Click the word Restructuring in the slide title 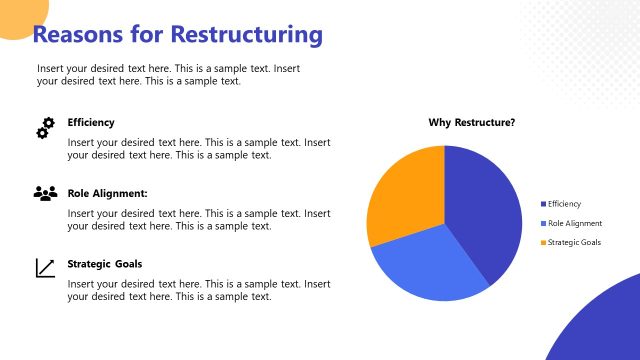[x=247, y=35]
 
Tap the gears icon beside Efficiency [x=45, y=128]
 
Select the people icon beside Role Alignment [x=45, y=193]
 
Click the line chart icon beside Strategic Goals [x=45, y=267]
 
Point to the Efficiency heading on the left [x=91, y=122]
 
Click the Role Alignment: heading [x=108, y=193]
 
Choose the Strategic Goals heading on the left [x=105, y=264]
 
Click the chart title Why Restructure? [x=472, y=123]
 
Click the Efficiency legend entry [x=564, y=204]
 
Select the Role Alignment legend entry [x=574, y=223]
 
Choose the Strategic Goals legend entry [x=574, y=242]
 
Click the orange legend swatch [x=543, y=242]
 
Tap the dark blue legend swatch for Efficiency [x=543, y=204]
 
